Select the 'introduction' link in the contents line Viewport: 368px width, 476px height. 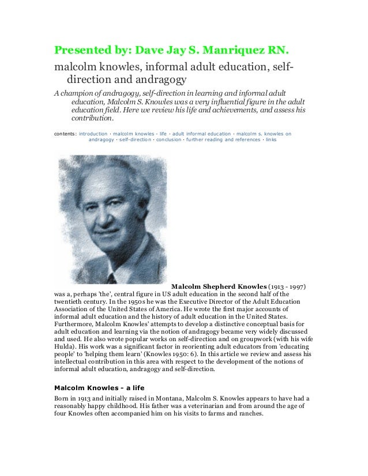(93, 133)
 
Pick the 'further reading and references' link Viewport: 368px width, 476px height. (223, 139)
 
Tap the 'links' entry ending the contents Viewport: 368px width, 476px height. (271, 139)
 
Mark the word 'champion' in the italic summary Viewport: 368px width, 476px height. (80, 93)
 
